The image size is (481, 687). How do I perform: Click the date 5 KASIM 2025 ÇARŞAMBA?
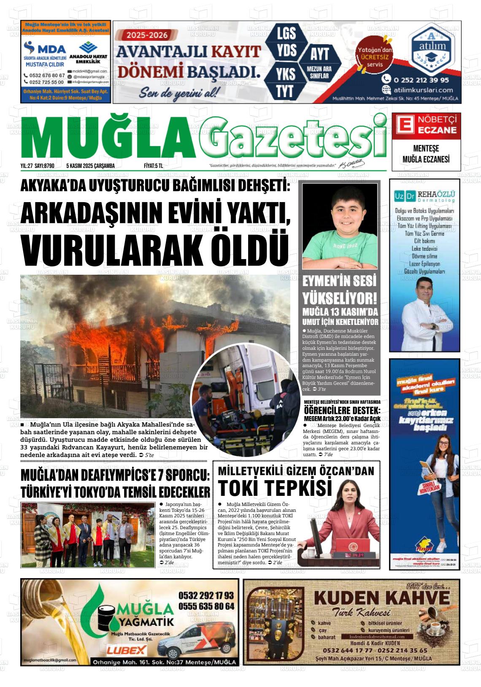90,166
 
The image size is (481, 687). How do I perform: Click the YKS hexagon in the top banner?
285,75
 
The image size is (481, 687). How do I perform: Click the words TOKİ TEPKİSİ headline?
275,488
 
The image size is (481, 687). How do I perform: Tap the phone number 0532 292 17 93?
206,595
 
